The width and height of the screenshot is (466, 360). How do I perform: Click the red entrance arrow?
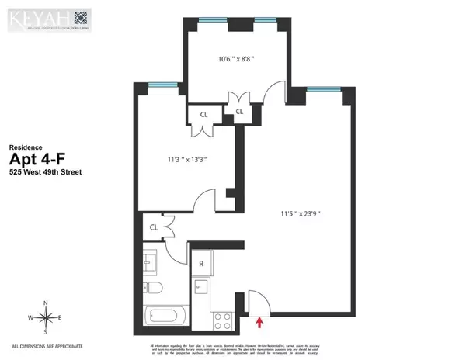(x=260, y=313)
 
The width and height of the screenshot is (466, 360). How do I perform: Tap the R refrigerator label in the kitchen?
(x=201, y=264)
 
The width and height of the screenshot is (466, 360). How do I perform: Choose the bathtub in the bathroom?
(x=165, y=317)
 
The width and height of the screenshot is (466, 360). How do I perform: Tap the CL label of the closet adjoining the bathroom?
(x=155, y=227)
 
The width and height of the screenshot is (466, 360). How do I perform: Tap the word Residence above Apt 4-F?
(x=24, y=146)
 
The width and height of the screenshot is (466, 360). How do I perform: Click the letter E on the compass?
(x=62, y=317)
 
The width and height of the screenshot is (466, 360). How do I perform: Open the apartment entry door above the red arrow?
(x=257, y=298)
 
